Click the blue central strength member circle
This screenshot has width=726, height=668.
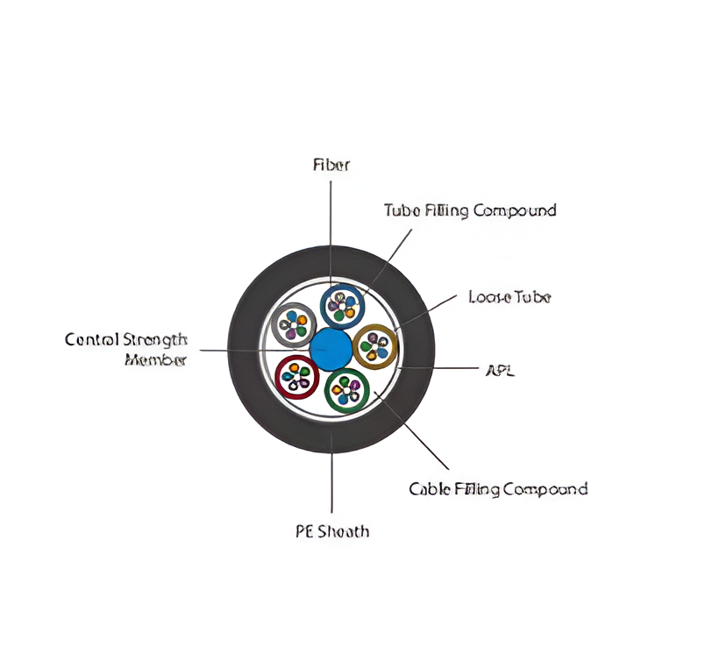pyautogui.click(x=331, y=348)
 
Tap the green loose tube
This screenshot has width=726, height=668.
pyautogui.click(x=347, y=389)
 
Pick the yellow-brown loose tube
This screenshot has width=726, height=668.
pyautogui.click(x=375, y=346)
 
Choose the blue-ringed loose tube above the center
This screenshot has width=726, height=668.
pyautogui.click(x=342, y=306)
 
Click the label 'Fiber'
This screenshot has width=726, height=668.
pyautogui.click(x=331, y=164)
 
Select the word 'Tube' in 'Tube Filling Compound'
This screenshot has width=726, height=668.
pyautogui.click(x=402, y=210)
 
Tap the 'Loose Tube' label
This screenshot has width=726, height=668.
pyautogui.click(x=509, y=297)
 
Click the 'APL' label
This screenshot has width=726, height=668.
pyautogui.click(x=500, y=370)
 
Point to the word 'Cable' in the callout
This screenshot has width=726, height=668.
pyautogui.click(x=429, y=488)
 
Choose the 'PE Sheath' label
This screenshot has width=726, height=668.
pyautogui.click(x=331, y=530)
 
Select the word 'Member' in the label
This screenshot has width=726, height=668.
pyautogui.click(x=155, y=359)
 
